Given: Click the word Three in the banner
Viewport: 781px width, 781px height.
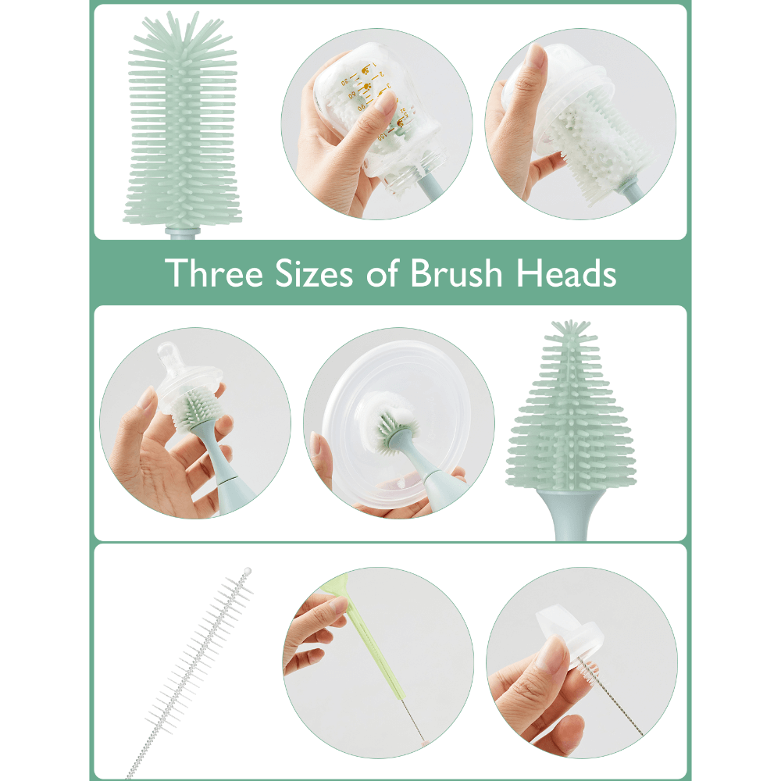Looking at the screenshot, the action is tap(214, 273).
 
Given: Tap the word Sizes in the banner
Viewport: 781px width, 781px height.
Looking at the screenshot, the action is tap(314, 273).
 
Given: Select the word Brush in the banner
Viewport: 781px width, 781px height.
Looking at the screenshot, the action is tap(456, 273).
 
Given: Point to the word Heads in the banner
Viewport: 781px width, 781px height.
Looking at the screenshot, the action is tap(566, 273).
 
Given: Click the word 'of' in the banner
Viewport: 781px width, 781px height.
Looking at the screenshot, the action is tap(383, 273).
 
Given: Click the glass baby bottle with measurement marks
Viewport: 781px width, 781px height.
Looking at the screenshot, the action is tap(379, 119).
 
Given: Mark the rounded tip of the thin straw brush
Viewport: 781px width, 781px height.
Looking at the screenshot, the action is tap(248, 571).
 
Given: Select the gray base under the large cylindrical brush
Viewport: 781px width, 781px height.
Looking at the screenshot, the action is tap(182, 233).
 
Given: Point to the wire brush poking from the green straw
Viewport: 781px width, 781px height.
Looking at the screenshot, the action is tap(413, 719).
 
